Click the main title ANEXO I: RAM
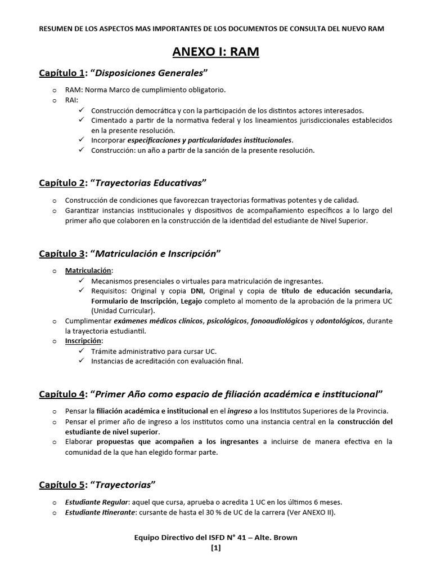pyautogui.click(x=215, y=52)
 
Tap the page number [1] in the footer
pyautogui.click(x=216, y=548)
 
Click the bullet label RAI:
pyautogui.click(x=72, y=100)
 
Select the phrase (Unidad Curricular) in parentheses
pyautogui.click(x=121, y=310)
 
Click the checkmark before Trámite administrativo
pyautogui.click(x=83, y=351)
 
